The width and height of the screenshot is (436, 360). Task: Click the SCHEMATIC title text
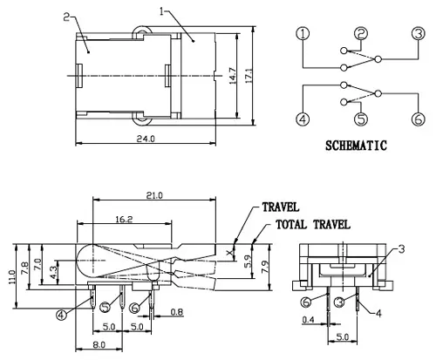pyautogui.click(x=356, y=146)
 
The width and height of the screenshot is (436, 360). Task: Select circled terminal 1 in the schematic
pyautogui.click(x=303, y=34)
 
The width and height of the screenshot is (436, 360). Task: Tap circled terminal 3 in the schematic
pyautogui.click(x=419, y=34)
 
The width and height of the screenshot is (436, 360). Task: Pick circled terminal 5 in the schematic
pyautogui.click(x=361, y=119)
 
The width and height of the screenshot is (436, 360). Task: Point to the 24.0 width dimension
pyautogui.click(x=146, y=139)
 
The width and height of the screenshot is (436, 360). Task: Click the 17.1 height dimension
pyautogui.click(x=249, y=76)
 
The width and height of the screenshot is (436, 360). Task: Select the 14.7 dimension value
pyautogui.click(x=233, y=76)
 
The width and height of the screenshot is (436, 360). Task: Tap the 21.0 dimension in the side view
pyautogui.click(x=154, y=195)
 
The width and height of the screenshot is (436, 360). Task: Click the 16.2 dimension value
pyautogui.click(x=124, y=219)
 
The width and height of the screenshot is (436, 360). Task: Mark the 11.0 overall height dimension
pyautogui.click(x=12, y=276)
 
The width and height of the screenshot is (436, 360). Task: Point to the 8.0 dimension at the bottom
pyautogui.click(x=99, y=345)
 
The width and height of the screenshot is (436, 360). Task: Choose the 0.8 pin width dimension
pyautogui.click(x=177, y=312)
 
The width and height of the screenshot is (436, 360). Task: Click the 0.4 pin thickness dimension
pyautogui.click(x=309, y=320)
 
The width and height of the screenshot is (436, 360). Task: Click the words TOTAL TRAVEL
pyautogui.click(x=313, y=225)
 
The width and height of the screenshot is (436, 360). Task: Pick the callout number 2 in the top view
pyautogui.click(x=66, y=17)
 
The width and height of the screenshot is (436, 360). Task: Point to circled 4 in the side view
pyautogui.click(x=61, y=316)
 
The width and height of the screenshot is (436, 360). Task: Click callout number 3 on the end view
pyautogui.click(x=401, y=249)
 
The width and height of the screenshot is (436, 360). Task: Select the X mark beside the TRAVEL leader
pyautogui.click(x=230, y=252)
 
